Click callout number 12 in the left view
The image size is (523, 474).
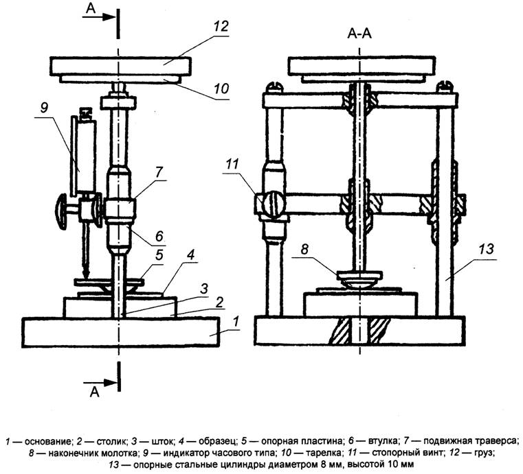click(221, 27)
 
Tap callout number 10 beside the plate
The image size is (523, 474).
click(221, 88)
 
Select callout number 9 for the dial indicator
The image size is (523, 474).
click(45, 108)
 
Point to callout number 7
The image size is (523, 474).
click(158, 172)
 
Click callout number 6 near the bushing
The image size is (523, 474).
click(159, 236)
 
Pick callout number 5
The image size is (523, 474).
click(159, 256)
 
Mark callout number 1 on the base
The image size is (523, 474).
click(236, 322)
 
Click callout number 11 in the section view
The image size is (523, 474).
click(232, 164)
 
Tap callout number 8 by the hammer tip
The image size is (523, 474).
click(304, 248)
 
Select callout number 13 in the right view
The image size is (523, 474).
click(487, 249)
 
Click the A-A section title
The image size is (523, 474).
click(359, 34)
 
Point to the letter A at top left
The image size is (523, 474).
click(91, 8)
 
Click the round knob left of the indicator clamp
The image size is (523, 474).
click(62, 213)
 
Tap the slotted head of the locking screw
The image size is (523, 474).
click(273, 203)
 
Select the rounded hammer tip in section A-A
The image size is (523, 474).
click(359, 283)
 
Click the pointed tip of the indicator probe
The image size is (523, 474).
click(86, 276)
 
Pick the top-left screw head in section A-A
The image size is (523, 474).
click(275, 87)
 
